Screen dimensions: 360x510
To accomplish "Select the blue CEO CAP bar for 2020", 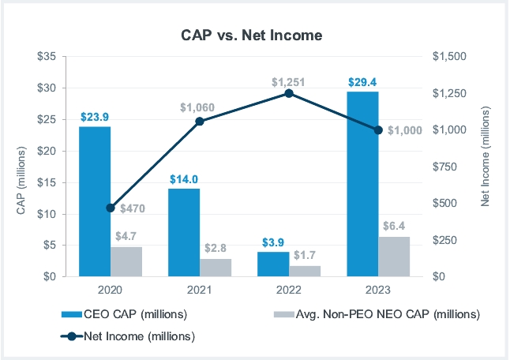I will pyautogui.click(x=95, y=201).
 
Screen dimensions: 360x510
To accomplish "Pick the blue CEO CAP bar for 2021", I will pyautogui.click(x=184, y=232).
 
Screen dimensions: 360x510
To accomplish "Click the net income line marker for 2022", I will pyautogui.click(x=289, y=93).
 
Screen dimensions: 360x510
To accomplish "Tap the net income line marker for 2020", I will pyautogui.click(x=111, y=208).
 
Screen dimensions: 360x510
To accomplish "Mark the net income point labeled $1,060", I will pyautogui.click(x=200, y=121).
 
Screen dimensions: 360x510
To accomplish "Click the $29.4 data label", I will pyautogui.click(x=362, y=81).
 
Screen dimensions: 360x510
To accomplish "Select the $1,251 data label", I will pyautogui.click(x=288, y=81).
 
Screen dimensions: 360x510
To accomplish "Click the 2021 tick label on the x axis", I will pyautogui.click(x=200, y=290).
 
